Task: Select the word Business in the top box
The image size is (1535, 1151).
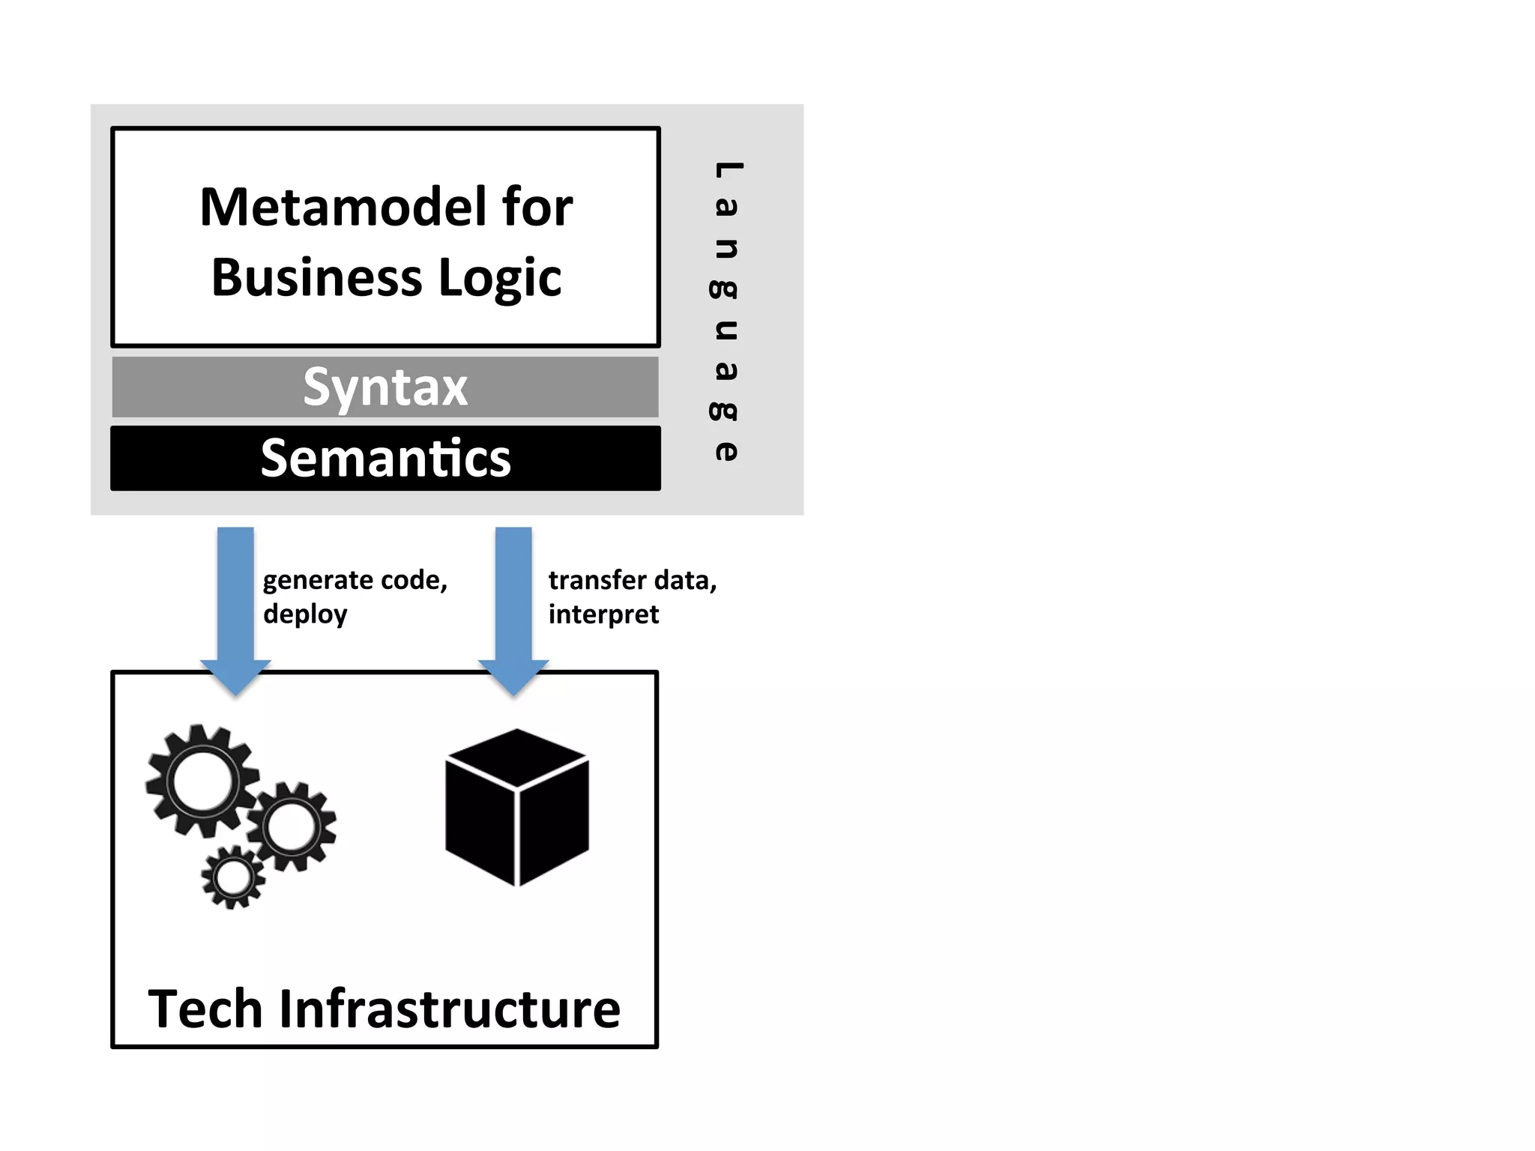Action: point(317,278)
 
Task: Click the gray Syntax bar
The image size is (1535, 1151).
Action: point(385,387)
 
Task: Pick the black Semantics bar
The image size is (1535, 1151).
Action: point(385,459)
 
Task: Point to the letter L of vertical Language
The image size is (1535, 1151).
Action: point(727,171)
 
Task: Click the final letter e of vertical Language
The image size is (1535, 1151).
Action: point(726,450)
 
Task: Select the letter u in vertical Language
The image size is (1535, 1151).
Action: point(726,330)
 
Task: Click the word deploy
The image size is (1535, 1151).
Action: point(305,614)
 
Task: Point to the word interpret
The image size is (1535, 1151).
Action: point(603,614)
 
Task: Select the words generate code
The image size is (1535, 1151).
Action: point(355,580)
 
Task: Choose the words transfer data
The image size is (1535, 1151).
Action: point(632,580)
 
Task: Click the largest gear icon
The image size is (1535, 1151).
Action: point(202,780)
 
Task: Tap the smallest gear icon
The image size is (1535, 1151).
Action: point(233,877)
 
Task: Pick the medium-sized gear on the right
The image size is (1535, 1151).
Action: point(292,827)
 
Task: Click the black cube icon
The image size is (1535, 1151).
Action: point(516,808)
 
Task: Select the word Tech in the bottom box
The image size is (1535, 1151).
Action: point(205,1009)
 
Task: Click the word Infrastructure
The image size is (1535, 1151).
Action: point(450,1009)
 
